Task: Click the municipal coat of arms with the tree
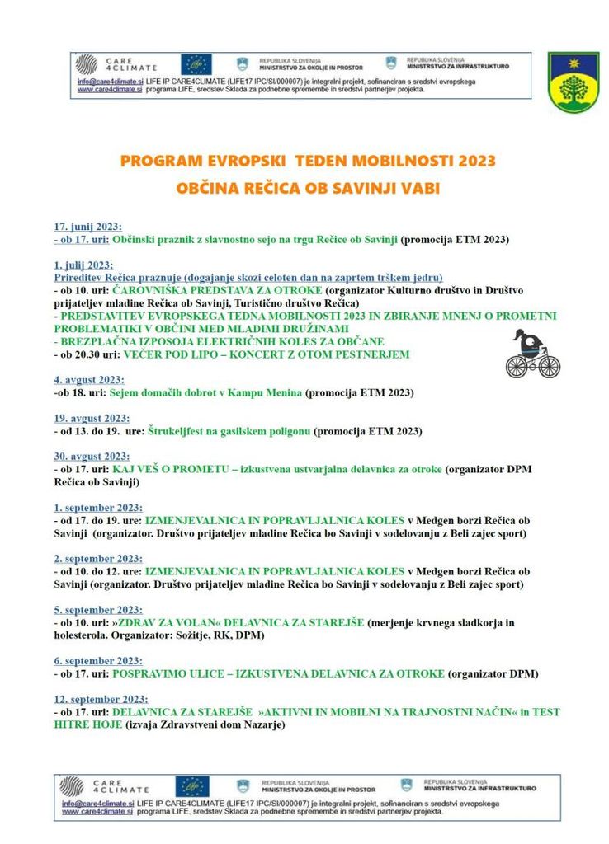[x=574, y=82]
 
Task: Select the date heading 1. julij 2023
[x=83, y=265]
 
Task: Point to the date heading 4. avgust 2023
[x=89, y=380]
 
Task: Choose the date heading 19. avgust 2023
[x=92, y=418]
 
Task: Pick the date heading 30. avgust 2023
[x=92, y=456]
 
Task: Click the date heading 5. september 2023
[x=98, y=609]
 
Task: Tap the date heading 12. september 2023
[x=101, y=698]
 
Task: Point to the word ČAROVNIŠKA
[x=153, y=291]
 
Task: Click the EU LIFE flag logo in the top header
[x=196, y=64]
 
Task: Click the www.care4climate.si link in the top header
[x=110, y=90]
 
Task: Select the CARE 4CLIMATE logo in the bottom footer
[x=105, y=785]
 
